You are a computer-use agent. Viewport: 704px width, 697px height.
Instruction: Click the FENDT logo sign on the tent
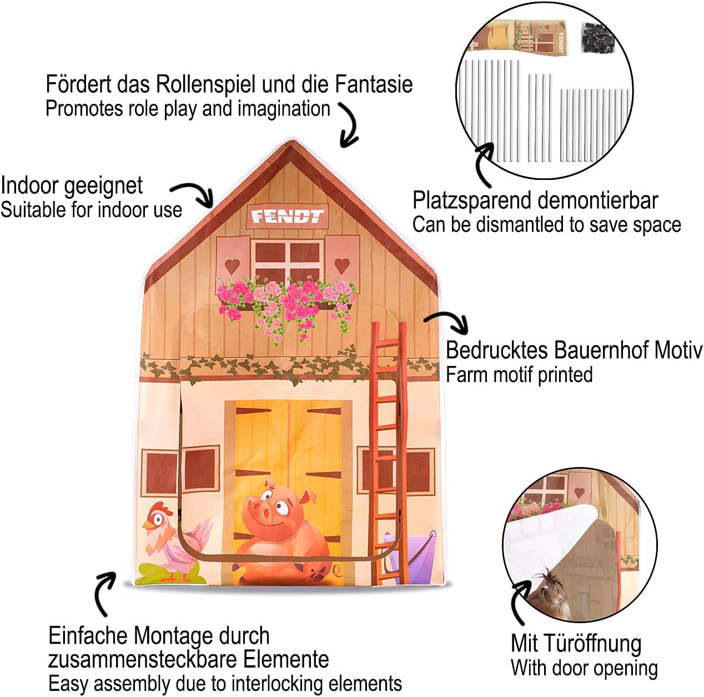[x=286, y=216]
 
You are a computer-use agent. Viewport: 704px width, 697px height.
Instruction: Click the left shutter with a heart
[x=233, y=259]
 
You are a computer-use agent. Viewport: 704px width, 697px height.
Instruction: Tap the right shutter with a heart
[x=341, y=258]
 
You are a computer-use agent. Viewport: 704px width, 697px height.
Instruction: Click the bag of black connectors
[x=597, y=38]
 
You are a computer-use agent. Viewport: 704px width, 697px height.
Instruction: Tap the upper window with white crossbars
[x=287, y=261]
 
